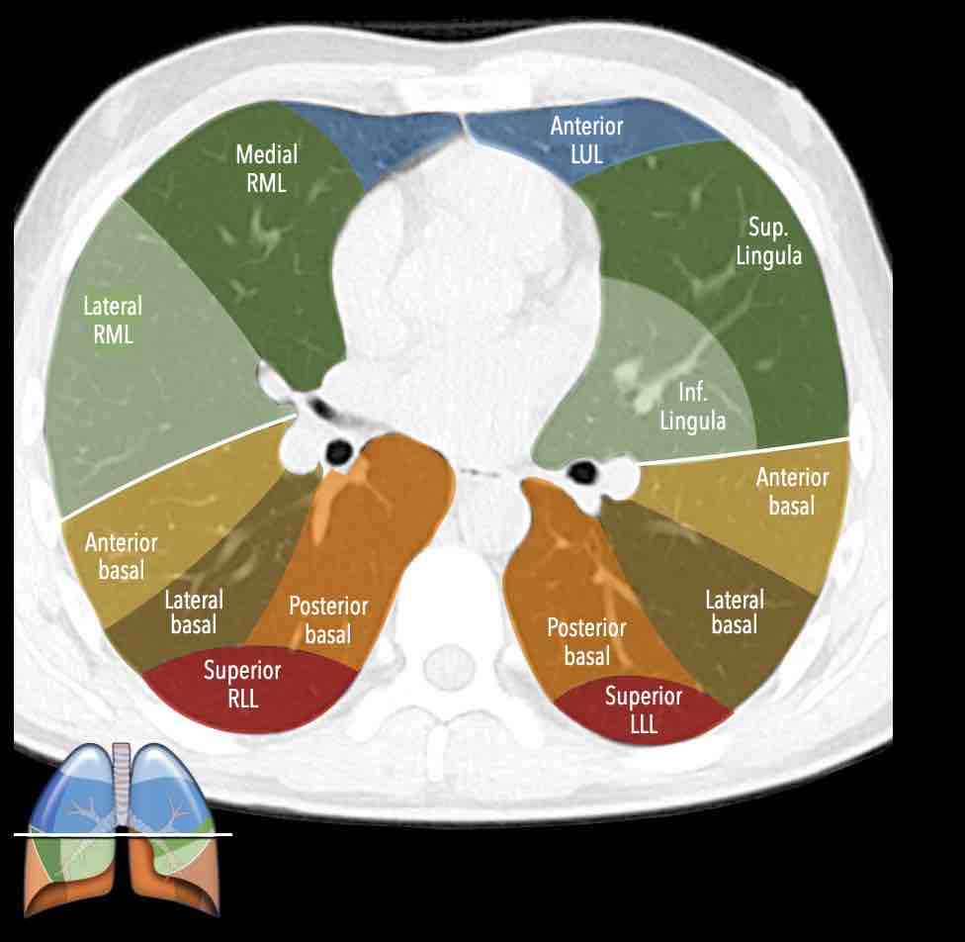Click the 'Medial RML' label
(x=266, y=168)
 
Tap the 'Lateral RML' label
(x=113, y=320)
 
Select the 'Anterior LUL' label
(x=587, y=140)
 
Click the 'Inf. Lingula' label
(x=693, y=407)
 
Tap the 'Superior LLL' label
(x=644, y=708)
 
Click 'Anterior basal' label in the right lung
(x=121, y=556)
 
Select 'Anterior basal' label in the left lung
(x=792, y=491)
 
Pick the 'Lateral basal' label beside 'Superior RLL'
(x=194, y=612)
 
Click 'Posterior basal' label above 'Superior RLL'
(x=328, y=619)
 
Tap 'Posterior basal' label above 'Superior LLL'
(x=586, y=641)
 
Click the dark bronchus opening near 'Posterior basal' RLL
(x=339, y=451)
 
